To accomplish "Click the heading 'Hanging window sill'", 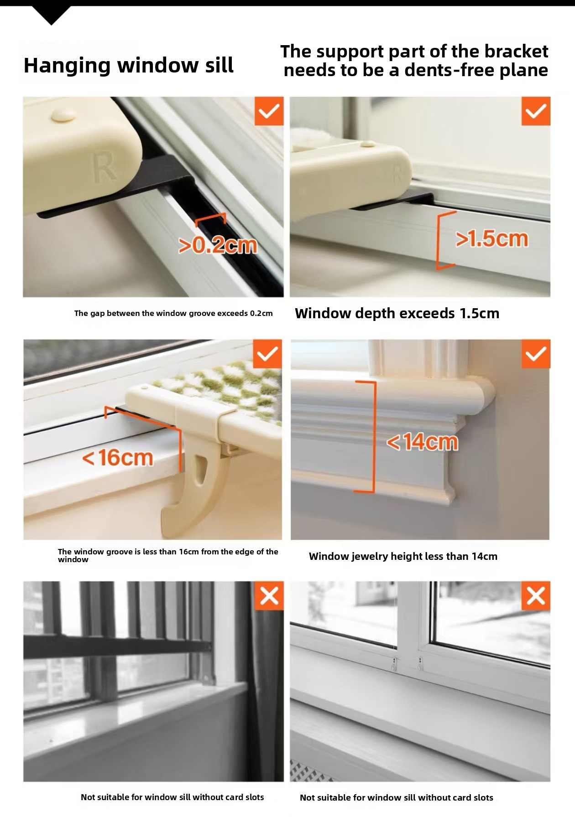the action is point(128,66).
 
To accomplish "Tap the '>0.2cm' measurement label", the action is point(218,246).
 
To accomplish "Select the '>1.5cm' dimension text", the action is point(492,239).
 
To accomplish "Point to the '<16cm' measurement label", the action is point(117,457).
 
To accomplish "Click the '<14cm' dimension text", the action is point(422,442).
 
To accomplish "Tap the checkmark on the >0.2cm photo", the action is point(269,111).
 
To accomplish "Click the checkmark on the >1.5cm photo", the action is point(536,111).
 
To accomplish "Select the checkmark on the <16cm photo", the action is point(267,353).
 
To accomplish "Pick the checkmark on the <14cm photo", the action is point(536,353).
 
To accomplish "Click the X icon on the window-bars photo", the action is point(269,595).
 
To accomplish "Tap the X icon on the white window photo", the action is point(536,595).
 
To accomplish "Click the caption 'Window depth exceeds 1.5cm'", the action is point(397,313).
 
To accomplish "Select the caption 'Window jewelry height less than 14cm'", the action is point(403,556).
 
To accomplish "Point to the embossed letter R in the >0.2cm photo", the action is point(104,168).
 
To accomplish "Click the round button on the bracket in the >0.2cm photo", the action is point(63,114).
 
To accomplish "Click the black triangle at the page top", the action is point(52,15).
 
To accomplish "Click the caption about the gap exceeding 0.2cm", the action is point(173,313).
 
